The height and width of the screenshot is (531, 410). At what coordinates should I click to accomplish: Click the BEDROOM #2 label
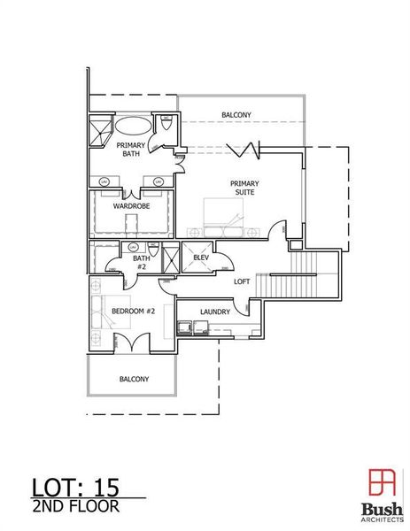[x=133, y=312]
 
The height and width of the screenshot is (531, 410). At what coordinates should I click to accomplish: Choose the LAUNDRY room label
[x=215, y=312]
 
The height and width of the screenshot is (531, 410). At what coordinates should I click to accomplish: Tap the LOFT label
[x=241, y=281]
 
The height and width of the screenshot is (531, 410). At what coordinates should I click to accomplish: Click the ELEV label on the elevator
[x=200, y=258]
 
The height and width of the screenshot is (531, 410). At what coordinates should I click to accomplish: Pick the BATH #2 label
[x=141, y=262]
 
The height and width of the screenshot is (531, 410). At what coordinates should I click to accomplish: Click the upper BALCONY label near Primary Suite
[x=236, y=114]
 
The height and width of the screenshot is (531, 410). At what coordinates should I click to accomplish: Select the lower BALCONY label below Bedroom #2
[x=134, y=379]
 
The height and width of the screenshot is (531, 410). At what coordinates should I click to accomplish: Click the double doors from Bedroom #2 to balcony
[x=133, y=341]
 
